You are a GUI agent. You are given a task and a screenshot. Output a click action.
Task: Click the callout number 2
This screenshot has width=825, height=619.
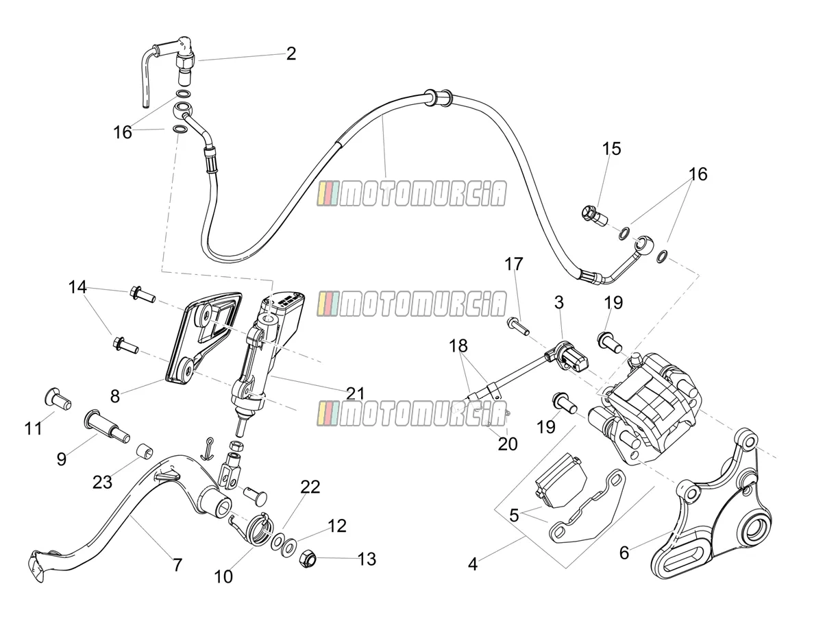click(291, 53)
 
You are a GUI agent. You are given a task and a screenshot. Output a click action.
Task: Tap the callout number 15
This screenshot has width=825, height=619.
click(611, 149)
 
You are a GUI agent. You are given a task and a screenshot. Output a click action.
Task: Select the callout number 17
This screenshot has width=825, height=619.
click(514, 264)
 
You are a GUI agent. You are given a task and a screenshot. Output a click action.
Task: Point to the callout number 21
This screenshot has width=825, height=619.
click(355, 393)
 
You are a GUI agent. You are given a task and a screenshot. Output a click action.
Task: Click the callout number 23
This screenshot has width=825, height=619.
click(103, 482)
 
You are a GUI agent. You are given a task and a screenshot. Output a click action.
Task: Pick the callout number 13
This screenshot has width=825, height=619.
click(367, 559)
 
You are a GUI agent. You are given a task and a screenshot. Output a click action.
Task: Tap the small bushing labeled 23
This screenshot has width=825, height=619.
click(145, 450)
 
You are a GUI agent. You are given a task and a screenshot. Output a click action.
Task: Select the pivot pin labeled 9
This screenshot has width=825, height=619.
click(107, 427)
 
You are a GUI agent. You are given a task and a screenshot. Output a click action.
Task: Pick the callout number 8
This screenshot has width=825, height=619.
click(115, 396)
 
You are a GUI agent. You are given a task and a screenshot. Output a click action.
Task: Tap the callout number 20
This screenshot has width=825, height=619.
click(508, 444)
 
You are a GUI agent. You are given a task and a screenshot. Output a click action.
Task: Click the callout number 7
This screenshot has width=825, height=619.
click(177, 565)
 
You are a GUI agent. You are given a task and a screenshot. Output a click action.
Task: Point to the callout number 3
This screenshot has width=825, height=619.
click(559, 302)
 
